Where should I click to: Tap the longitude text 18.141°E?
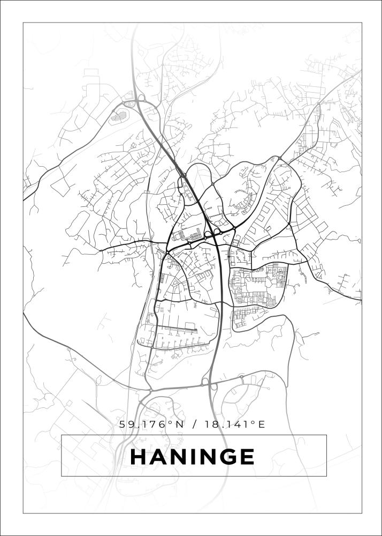pyautogui.click(x=234, y=425)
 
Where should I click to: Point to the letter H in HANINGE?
pyautogui.click(x=139, y=457)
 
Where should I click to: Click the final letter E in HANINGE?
pyautogui.click(x=247, y=457)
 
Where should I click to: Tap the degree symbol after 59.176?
pyautogui.click(x=171, y=422)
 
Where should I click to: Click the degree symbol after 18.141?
pyautogui.click(x=253, y=422)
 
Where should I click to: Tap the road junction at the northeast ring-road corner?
pyautogui.click(x=279, y=158)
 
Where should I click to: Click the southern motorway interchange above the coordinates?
pyautogui.click(x=209, y=384)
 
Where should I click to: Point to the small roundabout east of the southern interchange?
pyautogui.click(x=241, y=377)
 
